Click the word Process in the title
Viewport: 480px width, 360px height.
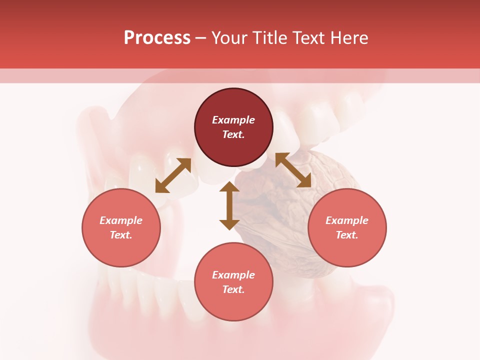click(x=157, y=38)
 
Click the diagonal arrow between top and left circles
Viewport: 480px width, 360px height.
click(x=173, y=175)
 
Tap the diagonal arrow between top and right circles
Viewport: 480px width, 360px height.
click(x=293, y=170)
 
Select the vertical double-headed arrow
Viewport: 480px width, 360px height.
click(x=229, y=205)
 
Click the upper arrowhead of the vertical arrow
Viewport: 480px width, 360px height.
click(x=229, y=187)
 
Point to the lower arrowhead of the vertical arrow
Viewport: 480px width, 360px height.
click(x=229, y=224)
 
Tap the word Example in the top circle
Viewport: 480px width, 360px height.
click(x=233, y=120)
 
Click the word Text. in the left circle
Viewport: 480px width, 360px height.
click(x=121, y=235)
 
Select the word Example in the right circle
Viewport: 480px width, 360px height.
click(x=347, y=220)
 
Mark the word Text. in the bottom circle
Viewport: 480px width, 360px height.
click(x=233, y=289)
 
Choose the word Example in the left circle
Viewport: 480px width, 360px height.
click(x=121, y=220)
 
